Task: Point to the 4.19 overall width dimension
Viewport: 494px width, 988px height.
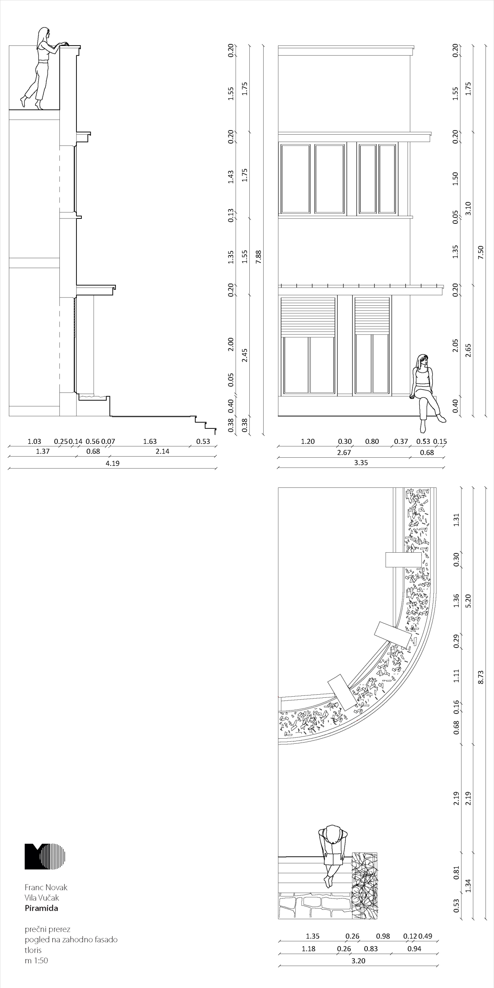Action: [113, 463]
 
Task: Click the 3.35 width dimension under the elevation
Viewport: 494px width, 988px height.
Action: [361, 462]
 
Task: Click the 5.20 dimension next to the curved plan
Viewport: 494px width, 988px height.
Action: [468, 601]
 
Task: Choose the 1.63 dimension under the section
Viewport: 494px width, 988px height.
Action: [150, 442]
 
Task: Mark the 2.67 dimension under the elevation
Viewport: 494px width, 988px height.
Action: [344, 452]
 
